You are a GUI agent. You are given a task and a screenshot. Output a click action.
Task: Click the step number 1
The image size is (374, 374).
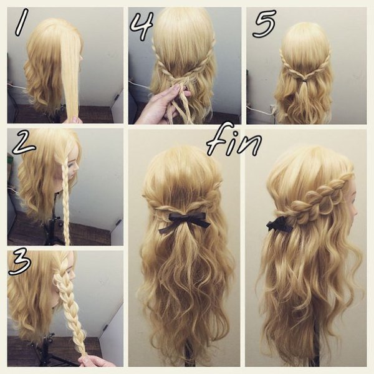[21, 23]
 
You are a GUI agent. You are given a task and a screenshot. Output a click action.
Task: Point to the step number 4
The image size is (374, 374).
[141, 26]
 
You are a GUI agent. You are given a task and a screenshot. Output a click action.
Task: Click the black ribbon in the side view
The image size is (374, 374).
[279, 224]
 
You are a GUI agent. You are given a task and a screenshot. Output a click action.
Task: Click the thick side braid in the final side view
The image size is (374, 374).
[317, 200]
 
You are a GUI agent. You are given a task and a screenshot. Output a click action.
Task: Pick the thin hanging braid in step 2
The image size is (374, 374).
[66, 203]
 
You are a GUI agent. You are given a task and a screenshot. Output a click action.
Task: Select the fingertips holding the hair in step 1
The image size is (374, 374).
[76, 120]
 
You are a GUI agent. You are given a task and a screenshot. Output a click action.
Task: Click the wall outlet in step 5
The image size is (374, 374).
[272, 108]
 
